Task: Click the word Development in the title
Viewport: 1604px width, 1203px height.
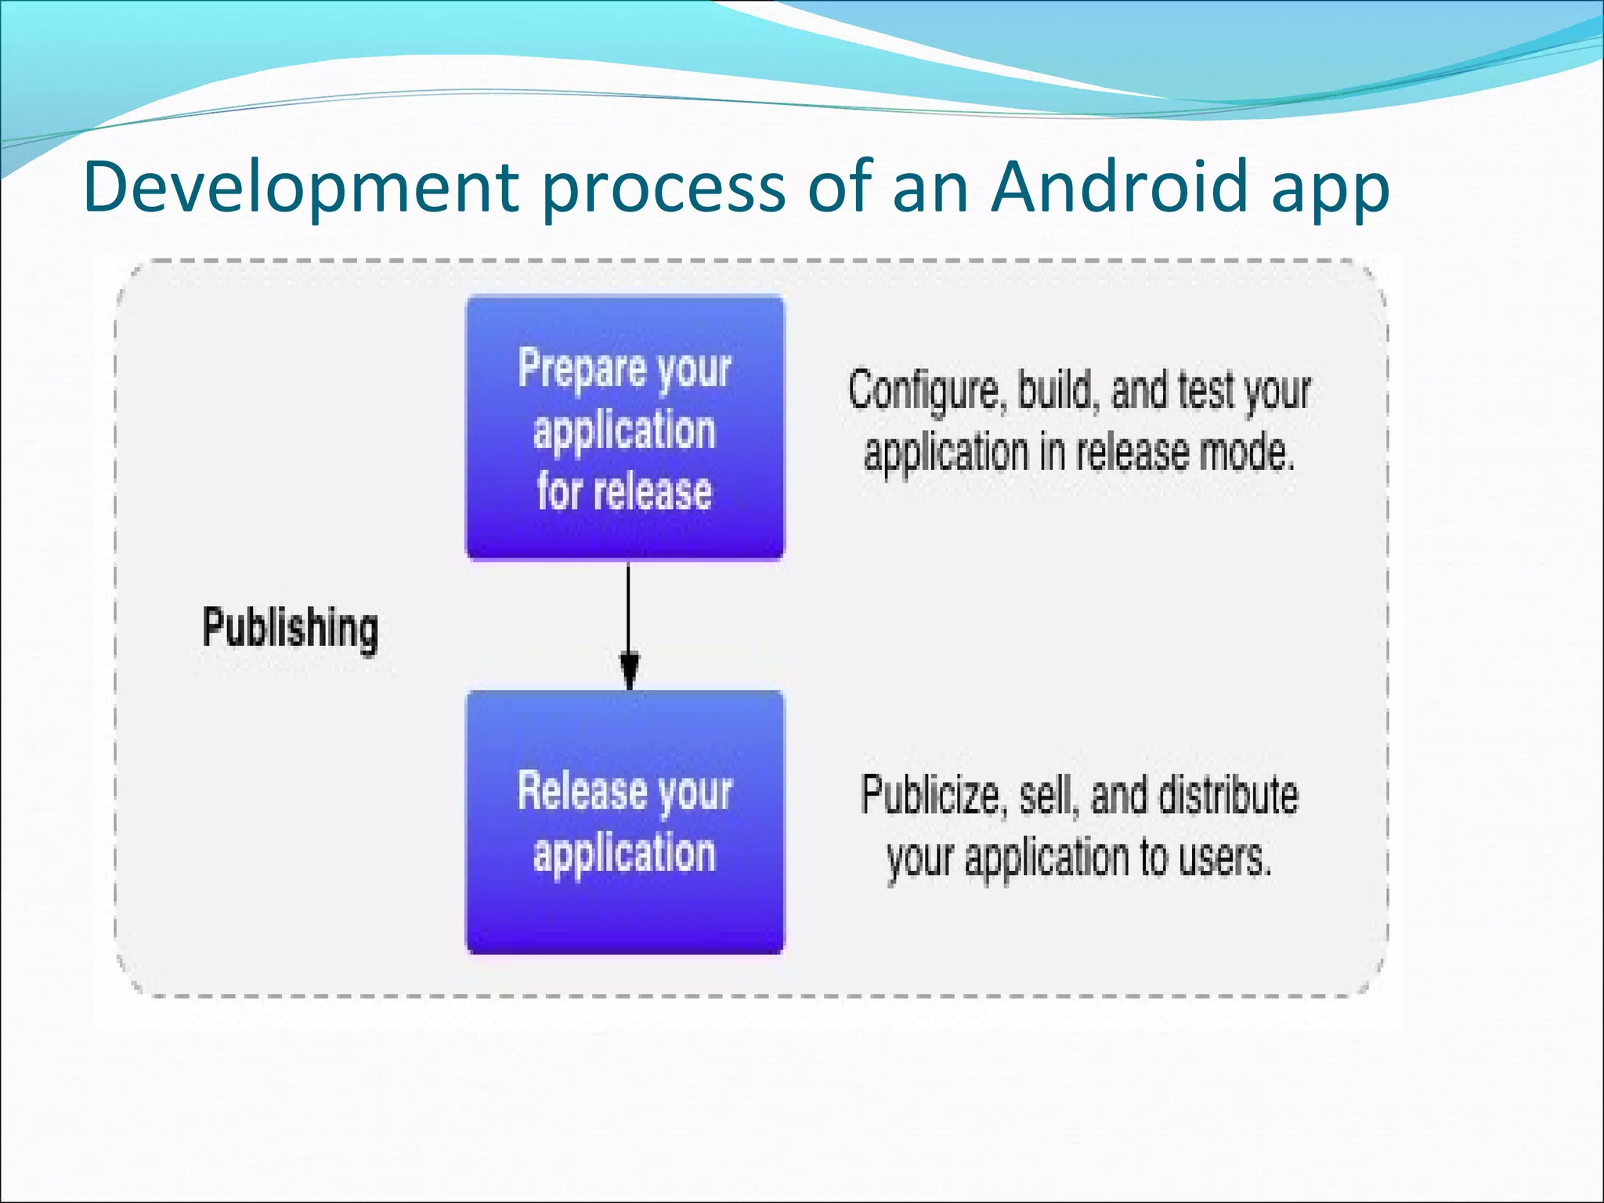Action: [301, 188]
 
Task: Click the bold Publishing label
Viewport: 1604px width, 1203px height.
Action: [290, 628]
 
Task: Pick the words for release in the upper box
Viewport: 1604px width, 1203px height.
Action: [624, 492]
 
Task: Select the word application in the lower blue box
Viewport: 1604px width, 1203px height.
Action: [624, 854]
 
